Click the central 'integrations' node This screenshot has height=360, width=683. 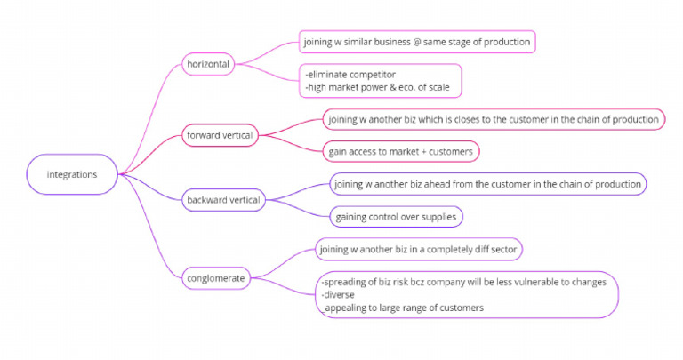pyautogui.click(x=72, y=174)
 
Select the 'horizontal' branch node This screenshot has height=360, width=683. pyautogui.click(x=206, y=64)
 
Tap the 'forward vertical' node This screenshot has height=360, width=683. pyautogui.click(x=219, y=135)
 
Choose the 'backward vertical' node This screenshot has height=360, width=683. pyautogui.click(x=222, y=200)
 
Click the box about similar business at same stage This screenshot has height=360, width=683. pyautogui.click(x=417, y=41)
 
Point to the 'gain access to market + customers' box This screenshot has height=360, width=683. pyautogui.click(x=402, y=151)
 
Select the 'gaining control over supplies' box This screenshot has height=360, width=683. pyautogui.click(x=396, y=216)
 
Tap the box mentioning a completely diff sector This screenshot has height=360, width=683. pyautogui.click(x=418, y=250)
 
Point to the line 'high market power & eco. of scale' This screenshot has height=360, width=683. pyautogui.click(x=383, y=87)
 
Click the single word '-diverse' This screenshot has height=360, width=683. pyautogui.click(x=339, y=295)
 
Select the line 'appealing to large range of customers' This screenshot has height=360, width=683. pyautogui.click(x=404, y=308)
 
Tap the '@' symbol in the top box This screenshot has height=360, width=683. pyautogui.click(x=417, y=41)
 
